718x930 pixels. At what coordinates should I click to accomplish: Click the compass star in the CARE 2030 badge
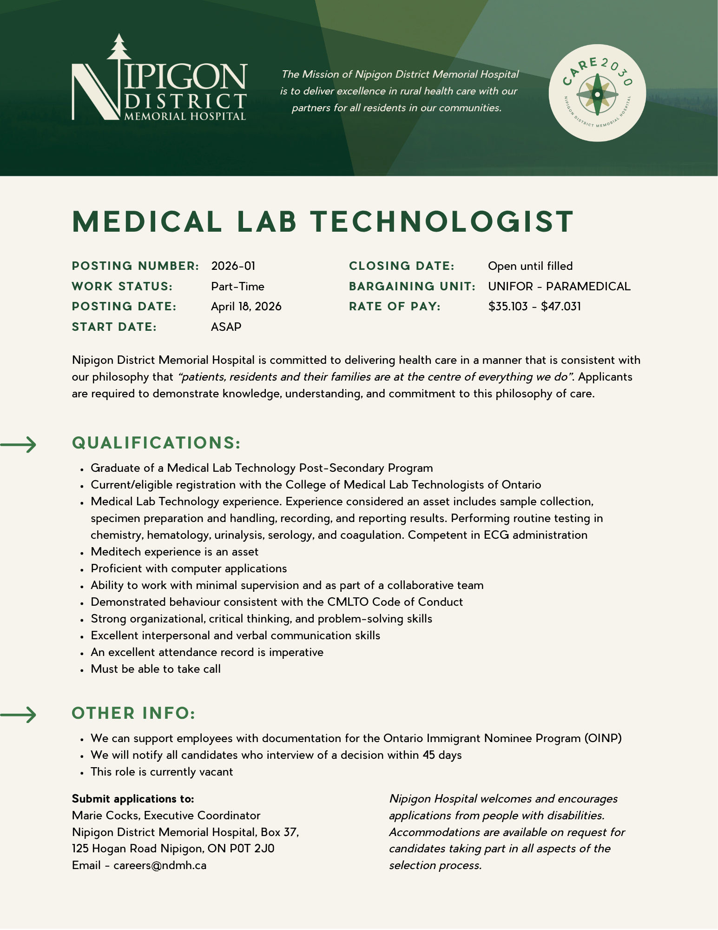597,94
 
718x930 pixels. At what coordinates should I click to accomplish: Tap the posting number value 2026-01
233,266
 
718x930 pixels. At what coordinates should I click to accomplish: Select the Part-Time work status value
237,287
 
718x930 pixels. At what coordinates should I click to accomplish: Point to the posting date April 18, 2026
246,307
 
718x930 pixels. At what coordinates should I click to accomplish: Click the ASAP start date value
226,327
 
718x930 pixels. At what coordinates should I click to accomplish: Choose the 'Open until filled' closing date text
530,266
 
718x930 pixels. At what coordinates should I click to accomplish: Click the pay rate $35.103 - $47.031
534,307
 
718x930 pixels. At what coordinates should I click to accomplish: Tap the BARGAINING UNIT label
412,287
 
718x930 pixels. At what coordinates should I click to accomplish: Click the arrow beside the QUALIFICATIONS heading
19,445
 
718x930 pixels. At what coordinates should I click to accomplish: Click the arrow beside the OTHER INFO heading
19,715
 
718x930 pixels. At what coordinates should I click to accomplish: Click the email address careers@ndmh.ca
160,865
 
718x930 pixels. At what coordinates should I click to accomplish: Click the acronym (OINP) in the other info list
603,738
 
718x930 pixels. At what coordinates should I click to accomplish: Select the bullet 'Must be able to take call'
156,669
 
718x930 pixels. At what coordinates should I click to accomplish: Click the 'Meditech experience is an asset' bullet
174,552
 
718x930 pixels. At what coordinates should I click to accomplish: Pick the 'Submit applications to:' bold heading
133,799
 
